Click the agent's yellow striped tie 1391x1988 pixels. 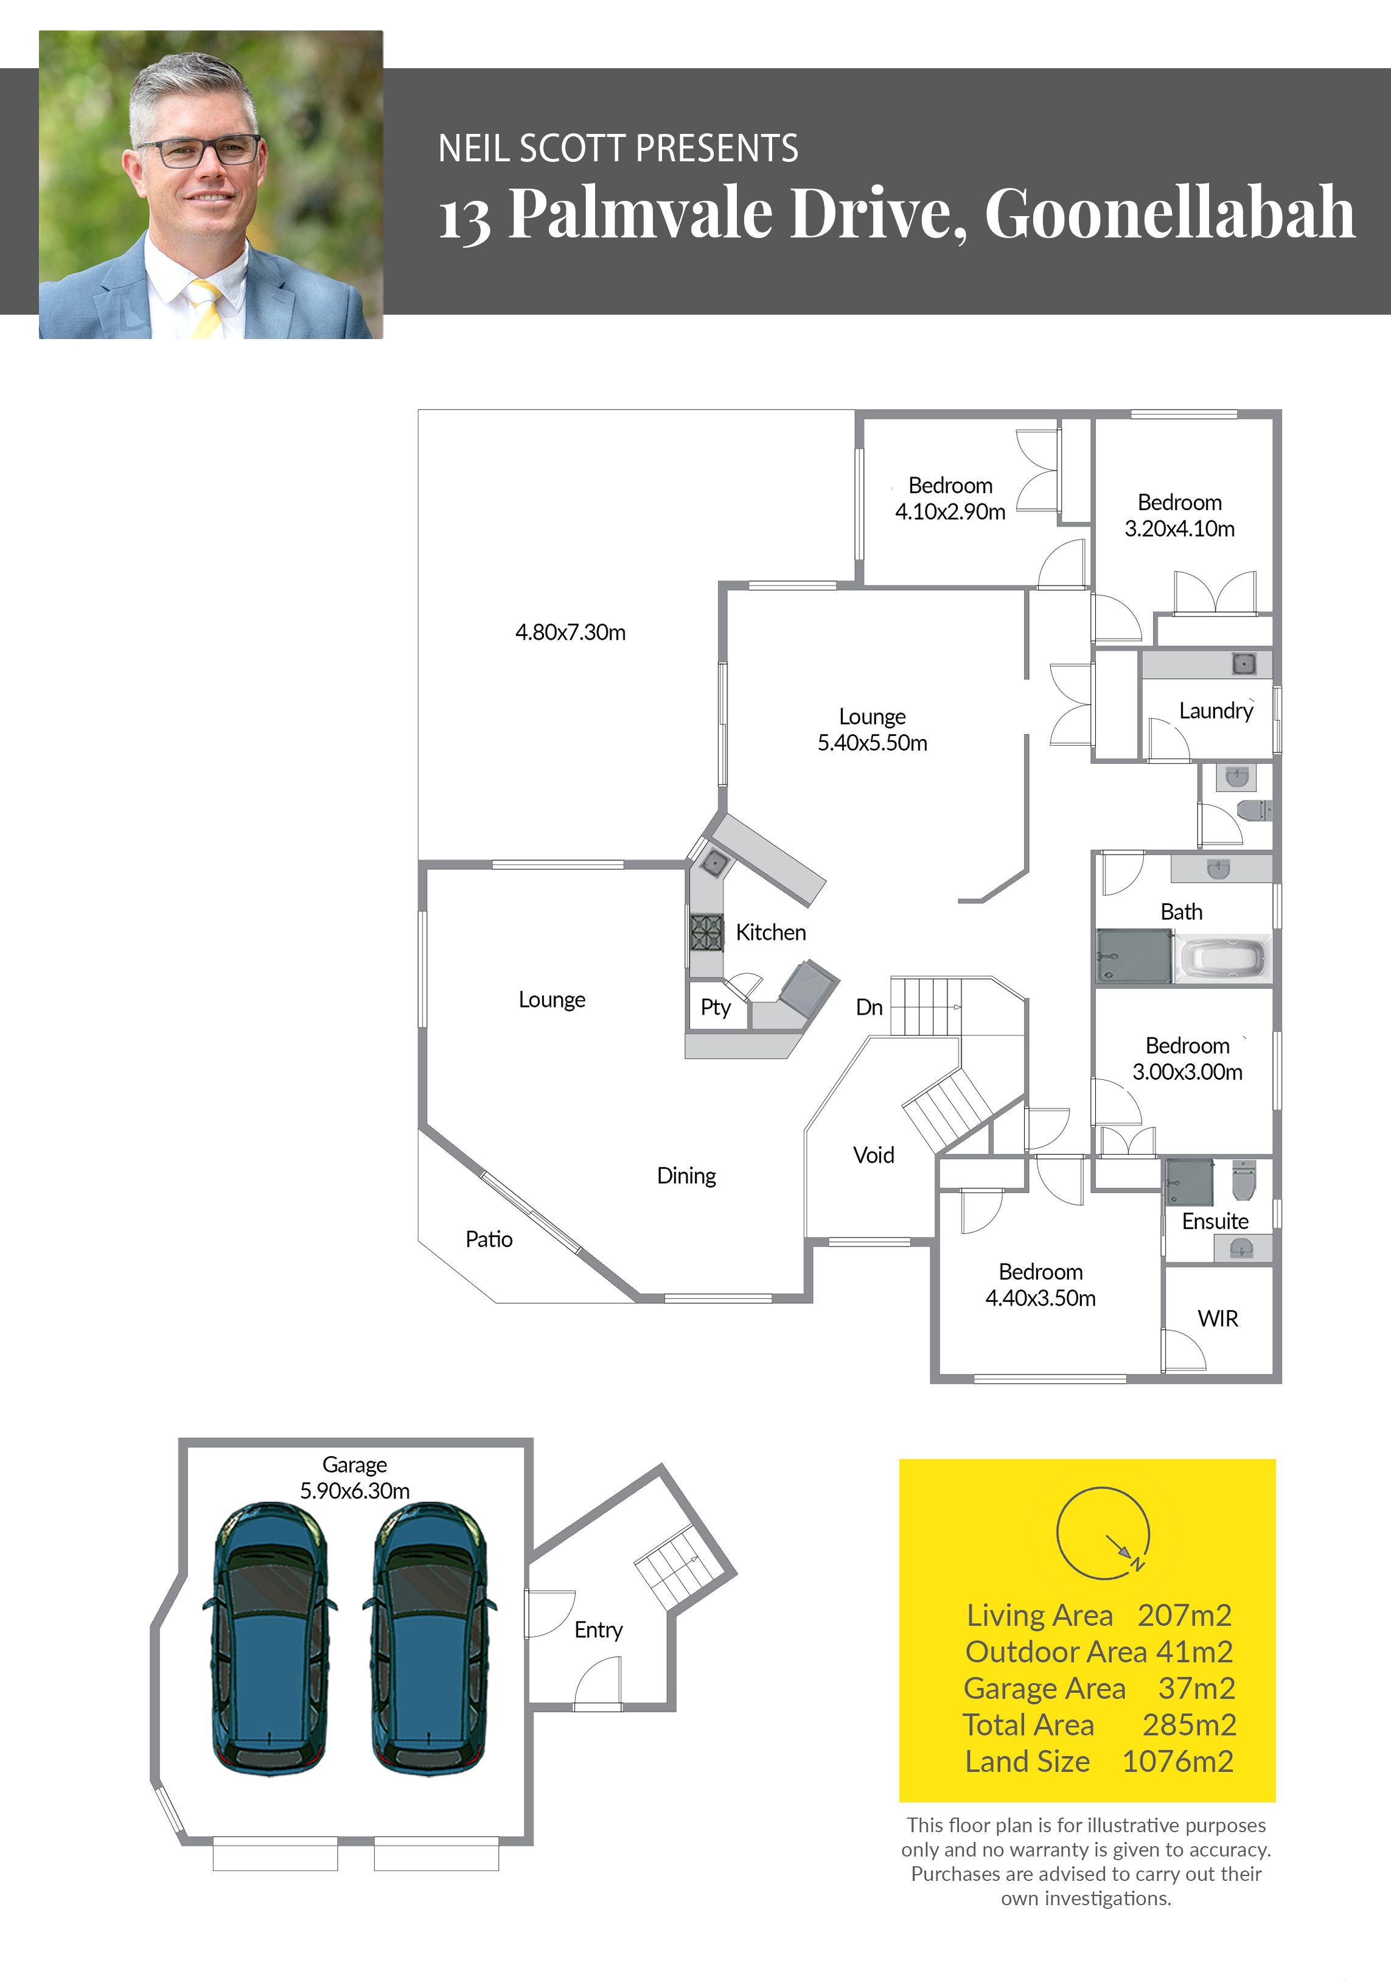(x=206, y=307)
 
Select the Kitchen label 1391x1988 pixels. (x=770, y=933)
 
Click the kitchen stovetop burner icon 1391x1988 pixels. (x=706, y=933)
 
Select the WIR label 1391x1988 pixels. (x=1218, y=1318)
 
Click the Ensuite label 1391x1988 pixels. (x=1215, y=1222)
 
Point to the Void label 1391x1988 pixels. (x=873, y=1155)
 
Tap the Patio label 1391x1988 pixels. (x=489, y=1239)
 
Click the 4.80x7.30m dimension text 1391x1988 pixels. (x=570, y=632)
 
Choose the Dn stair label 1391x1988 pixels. (x=869, y=1007)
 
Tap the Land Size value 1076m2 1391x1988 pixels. (x=1177, y=1761)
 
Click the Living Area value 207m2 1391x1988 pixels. (x=1184, y=1615)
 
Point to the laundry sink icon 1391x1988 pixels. (x=1244, y=664)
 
